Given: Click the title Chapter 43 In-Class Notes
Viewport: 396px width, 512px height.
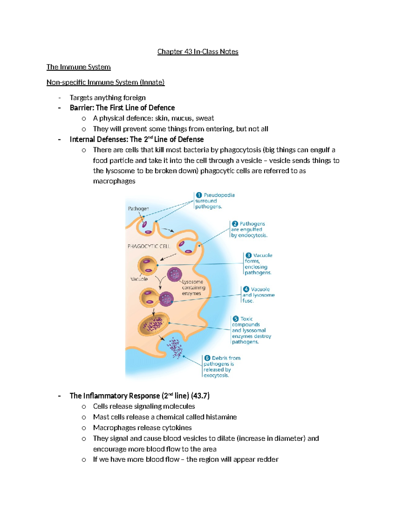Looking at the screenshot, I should (x=198, y=52).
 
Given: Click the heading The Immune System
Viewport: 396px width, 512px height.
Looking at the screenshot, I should (x=79, y=67).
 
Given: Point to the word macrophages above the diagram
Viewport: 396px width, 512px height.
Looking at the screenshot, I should (x=114, y=181).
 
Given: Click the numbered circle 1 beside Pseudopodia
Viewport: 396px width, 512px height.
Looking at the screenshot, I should (x=199, y=195).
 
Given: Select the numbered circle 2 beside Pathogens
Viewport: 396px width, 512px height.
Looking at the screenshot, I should (x=235, y=224).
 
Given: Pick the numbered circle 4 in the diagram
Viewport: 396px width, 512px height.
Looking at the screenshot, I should (x=246, y=289).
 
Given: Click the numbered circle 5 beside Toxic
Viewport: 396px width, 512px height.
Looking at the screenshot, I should (x=236, y=319).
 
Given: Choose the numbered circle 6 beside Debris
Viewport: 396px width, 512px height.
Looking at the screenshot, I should (x=207, y=358).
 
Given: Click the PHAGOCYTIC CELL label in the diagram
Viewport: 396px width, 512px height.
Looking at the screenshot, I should (x=149, y=246).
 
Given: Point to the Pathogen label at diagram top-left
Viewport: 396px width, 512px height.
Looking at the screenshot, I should (x=138, y=209).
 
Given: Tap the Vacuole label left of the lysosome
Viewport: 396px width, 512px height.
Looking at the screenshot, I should (x=139, y=279).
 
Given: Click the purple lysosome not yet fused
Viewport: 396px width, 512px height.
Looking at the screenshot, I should (x=174, y=274).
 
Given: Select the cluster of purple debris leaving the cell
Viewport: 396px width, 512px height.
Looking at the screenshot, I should (x=175, y=348).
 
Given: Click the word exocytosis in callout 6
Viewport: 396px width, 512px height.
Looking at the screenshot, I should (x=216, y=376).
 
